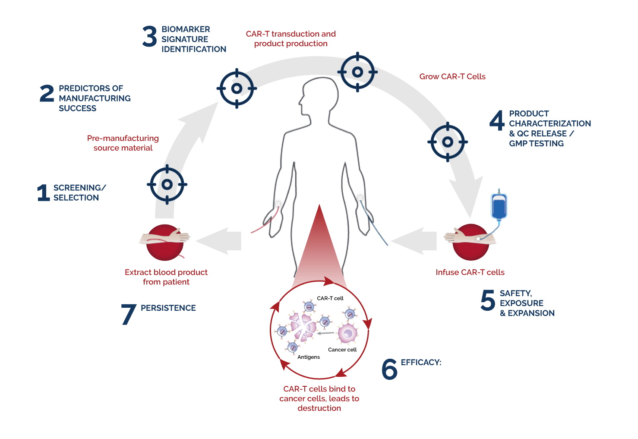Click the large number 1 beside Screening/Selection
[x=43, y=193]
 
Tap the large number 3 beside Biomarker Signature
[x=149, y=37]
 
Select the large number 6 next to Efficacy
[x=389, y=369]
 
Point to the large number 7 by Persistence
[x=128, y=314]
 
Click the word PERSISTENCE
[x=168, y=308]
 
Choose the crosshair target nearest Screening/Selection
[x=167, y=184]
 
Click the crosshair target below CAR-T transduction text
[x=357, y=72]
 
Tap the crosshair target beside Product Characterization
[x=448, y=142]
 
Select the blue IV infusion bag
[x=499, y=206]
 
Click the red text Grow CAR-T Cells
[x=452, y=76]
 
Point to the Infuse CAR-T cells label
[x=470, y=272]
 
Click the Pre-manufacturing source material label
[x=123, y=143]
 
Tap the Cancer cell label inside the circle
[x=342, y=350]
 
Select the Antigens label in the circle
[x=309, y=357]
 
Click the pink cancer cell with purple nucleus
[x=347, y=334]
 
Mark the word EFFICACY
[x=421, y=362]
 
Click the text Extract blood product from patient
[x=166, y=277]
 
